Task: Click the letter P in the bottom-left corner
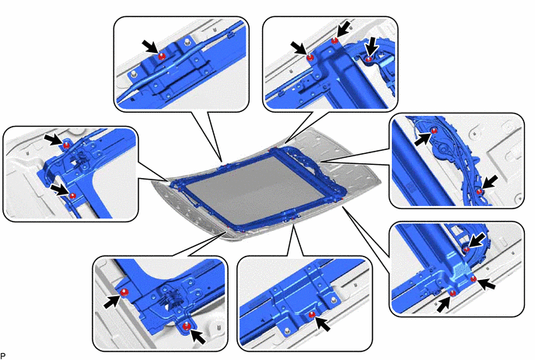pos(3,356)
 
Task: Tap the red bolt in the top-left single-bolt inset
pos(162,56)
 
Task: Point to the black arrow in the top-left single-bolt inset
pos(150,46)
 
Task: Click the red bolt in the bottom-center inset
pos(312,315)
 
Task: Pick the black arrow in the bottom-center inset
pos(323,323)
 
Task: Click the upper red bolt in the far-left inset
pos(67,145)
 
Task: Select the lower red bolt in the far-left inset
pos(72,195)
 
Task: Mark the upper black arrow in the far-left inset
pos(53,139)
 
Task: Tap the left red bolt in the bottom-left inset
pos(124,292)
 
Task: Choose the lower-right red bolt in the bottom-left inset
pos(186,327)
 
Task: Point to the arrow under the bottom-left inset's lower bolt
pos(198,337)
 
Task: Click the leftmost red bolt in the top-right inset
pos(310,58)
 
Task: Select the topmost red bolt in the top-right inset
pos(334,41)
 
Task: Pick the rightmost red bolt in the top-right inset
pos(369,59)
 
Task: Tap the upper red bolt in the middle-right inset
pos(434,131)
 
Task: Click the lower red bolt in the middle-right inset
pos(479,191)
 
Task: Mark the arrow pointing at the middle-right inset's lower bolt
pos(490,182)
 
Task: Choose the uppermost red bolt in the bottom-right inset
pos(467,249)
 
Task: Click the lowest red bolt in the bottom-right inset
pos(453,293)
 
